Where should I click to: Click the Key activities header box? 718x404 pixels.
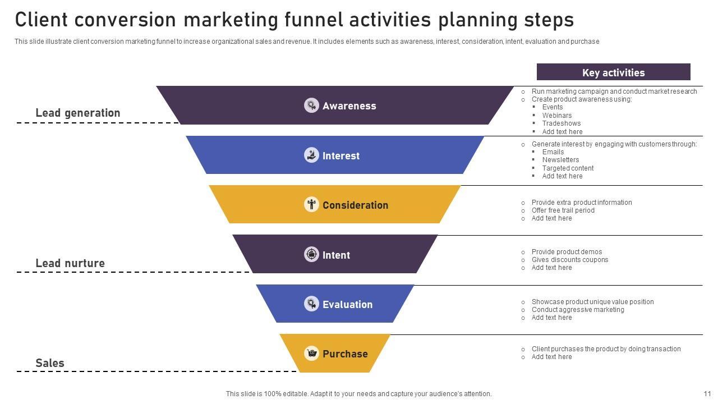pos(613,72)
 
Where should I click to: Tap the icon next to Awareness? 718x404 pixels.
pos(311,105)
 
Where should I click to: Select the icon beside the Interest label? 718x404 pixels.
pos(311,155)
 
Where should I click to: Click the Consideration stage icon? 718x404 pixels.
pos(311,204)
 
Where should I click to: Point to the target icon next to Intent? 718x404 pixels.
pos(311,254)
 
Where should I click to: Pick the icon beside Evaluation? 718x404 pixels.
pos(311,304)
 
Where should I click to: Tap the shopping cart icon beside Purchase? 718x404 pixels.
pos(311,353)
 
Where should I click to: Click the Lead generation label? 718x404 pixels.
pos(78,113)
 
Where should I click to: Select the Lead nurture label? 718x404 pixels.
pos(70,263)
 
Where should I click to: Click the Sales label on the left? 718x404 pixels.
pos(50,363)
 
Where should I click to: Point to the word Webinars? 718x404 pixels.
pos(557,115)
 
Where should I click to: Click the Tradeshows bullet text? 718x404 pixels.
pos(561,123)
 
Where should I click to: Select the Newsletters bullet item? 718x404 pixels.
pos(560,160)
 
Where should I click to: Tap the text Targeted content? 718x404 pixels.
pos(568,168)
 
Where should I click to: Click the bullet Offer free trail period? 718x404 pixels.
pos(563,210)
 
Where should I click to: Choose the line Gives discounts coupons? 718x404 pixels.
pos(569,260)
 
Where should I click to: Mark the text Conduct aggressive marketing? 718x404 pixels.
pos(577,310)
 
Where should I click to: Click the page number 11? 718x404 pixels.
pos(707,394)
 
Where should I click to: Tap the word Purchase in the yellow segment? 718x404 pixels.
pos(345,354)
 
